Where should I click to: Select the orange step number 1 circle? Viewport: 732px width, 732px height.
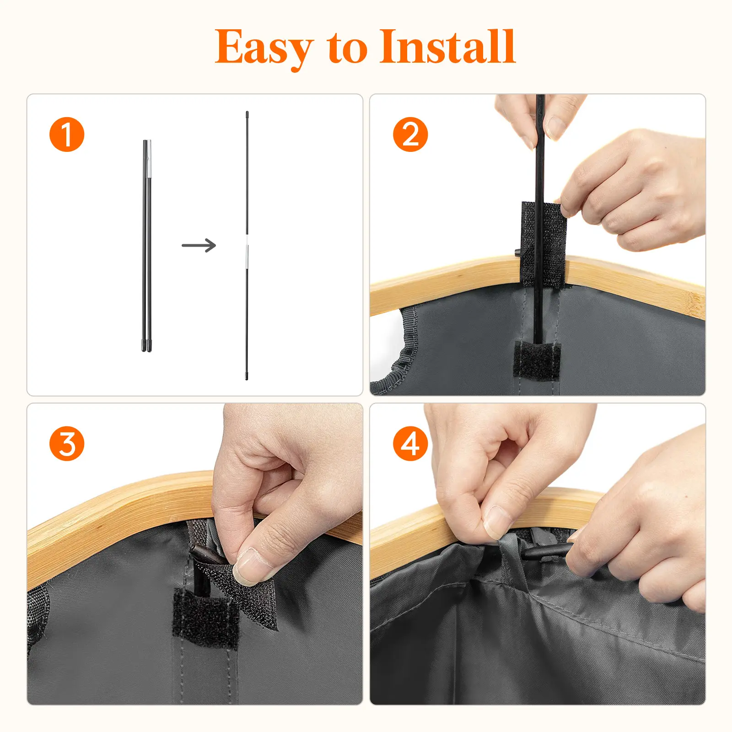(x=67, y=135)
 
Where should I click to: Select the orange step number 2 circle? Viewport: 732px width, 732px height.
(x=410, y=135)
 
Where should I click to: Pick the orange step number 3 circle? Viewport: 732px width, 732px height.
(x=67, y=443)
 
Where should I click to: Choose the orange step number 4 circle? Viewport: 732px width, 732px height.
(x=410, y=443)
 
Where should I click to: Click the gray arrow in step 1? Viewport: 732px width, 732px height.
(x=199, y=245)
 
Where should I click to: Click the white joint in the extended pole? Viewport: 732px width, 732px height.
(x=247, y=241)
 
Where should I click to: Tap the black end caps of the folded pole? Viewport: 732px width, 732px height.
(x=146, y=345)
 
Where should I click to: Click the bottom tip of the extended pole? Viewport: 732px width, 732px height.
(x=247, y=378)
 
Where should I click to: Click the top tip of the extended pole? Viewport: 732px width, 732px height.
(x=247, y=113)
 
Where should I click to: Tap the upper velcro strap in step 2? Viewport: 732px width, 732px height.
(x=544, y=244)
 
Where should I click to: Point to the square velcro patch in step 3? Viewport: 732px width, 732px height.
(x=205, y=618)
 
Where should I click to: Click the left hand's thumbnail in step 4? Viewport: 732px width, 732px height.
(x=496, y=522)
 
